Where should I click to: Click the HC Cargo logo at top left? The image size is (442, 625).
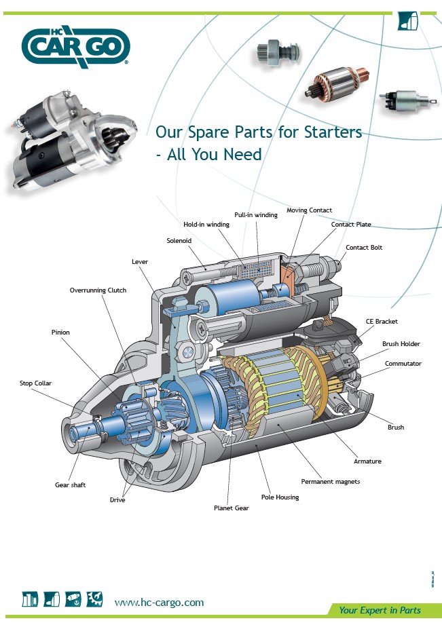point(76,47)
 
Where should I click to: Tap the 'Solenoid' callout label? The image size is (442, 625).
point(179,241)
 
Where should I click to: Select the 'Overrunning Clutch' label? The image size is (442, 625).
point(98,290)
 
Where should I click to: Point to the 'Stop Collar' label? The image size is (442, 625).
point(35,383)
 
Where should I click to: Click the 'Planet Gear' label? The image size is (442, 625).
point(232,508)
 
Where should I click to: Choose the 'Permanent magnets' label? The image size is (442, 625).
point(330,482)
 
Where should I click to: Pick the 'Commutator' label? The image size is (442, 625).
point(403,364)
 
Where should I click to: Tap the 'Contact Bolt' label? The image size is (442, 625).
point(364,248)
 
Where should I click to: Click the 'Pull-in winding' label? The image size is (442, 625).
point(256,215)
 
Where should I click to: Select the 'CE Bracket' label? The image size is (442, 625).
point(382,321)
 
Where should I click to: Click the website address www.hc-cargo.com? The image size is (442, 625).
point(159,603)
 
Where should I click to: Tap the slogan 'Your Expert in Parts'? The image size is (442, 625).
point(380,610)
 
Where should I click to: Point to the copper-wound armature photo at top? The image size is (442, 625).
point(337,83)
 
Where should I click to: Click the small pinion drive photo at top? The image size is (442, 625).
point(278,52)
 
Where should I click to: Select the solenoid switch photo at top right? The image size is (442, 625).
point(404,100)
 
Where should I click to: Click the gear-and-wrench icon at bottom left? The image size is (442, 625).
point(94,599)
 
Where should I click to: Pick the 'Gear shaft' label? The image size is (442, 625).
point(70,485)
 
